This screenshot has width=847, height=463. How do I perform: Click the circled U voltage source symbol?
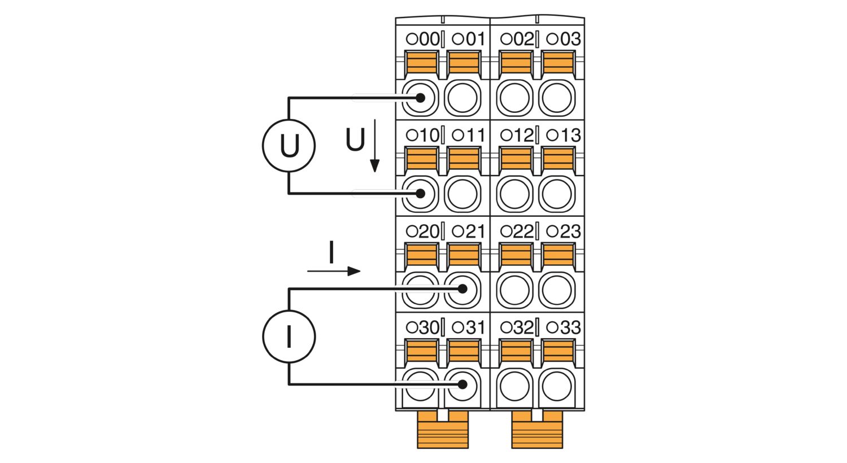click(x=289, y=146)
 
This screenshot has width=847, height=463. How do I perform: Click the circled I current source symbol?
click(x=289, y=337)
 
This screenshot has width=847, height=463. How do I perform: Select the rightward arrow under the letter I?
click(x=334, y=272)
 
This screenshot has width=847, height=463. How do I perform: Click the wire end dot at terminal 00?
click(x=420, y=98)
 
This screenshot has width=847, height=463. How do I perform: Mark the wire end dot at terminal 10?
click(x=420, y=194)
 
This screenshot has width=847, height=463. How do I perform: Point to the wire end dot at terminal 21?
click(x=462, y=289)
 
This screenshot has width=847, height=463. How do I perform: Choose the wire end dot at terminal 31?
click(x=462, y=385)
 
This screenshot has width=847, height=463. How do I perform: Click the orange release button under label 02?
click(x=516, y=63)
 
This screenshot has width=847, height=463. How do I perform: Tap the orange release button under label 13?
click(x=558, y=159)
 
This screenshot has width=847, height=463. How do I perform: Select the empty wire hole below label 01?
click(x=462, y=98)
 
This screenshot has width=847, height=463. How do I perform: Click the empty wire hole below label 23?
click(x=557, y=290)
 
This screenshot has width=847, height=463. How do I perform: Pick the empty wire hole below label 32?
click(x=515, y=386)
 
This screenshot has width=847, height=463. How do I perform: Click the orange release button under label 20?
click(x=422, y=255)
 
